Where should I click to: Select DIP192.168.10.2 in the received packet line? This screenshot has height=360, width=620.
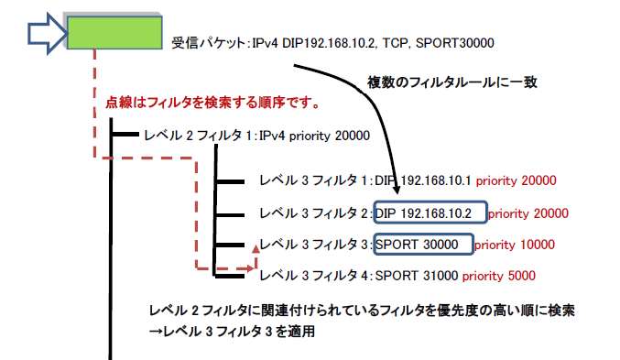[321, 42]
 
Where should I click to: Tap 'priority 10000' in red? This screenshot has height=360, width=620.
[520, 245]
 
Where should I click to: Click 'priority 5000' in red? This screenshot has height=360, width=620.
[498, 275]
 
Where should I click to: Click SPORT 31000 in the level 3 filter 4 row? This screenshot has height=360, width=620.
[416, 275]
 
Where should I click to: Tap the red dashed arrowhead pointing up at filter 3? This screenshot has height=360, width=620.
[254, 247]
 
